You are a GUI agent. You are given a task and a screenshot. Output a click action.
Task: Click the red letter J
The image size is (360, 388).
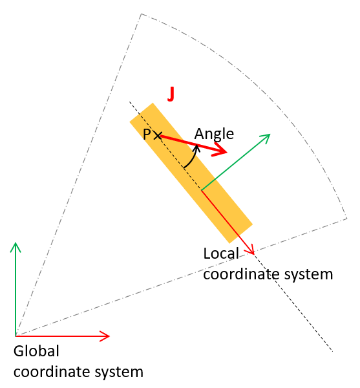171,94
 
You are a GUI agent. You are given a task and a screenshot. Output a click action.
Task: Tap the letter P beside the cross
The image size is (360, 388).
147,135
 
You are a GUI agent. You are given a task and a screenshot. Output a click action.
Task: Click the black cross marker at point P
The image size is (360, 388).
158,136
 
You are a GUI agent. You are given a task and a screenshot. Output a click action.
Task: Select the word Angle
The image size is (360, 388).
214,134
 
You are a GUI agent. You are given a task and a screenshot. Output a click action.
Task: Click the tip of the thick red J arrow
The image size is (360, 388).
227,152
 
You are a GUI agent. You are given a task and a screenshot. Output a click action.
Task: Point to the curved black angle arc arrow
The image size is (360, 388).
193,158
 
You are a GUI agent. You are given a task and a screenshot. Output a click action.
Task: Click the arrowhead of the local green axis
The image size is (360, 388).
270,135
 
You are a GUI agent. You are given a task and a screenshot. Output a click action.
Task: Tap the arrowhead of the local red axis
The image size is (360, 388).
254,254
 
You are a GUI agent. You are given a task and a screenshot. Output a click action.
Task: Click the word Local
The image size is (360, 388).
221,253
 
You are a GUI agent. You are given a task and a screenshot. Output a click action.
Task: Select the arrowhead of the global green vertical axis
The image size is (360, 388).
16,242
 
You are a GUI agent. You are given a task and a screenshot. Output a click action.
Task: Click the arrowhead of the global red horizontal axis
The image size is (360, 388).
109,336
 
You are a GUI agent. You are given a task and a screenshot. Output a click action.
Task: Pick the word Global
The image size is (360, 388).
36,351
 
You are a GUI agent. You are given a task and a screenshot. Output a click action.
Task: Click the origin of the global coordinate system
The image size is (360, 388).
16,336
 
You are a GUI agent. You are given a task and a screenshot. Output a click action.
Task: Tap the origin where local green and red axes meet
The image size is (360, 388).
202,190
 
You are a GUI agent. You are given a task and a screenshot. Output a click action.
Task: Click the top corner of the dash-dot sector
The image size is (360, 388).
142,14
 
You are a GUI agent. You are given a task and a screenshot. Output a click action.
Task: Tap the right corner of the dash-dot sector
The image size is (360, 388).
347,219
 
